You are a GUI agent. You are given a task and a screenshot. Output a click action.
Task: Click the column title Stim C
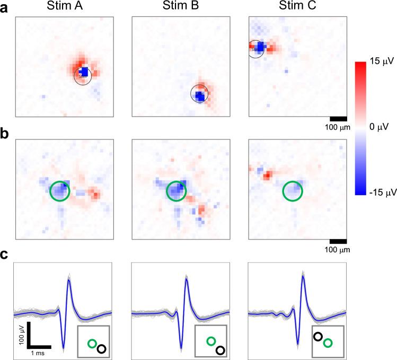pyautogui.click(x=296, y=7)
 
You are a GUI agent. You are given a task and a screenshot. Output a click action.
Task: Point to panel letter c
pyautogui.click(x=5, y=254)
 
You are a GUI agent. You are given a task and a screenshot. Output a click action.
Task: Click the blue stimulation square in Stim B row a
pyautogui.click(x=199, y=96)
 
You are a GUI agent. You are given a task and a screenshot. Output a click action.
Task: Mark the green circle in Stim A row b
pyautogui.click(x=59, y=191)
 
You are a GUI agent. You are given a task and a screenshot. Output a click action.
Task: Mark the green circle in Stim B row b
pyautogui.click(x=176, y=191)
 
